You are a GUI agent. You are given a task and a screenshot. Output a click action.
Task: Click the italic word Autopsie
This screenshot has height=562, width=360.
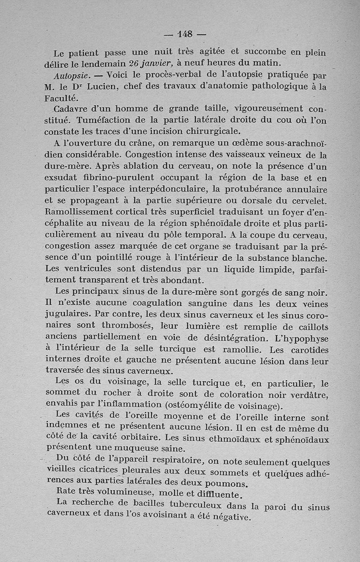(69, 75)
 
